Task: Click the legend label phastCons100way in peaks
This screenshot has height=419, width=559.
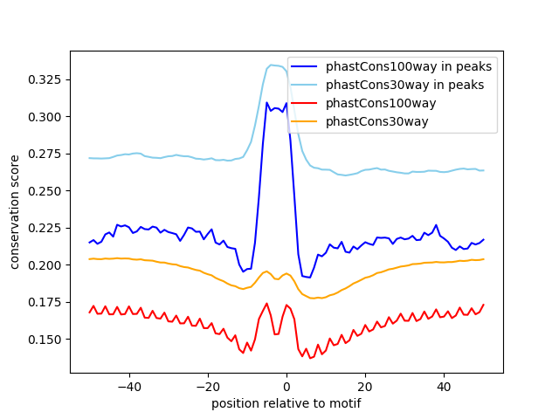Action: (x=409, y=66)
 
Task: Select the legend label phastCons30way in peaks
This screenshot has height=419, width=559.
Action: (x=405, y=85)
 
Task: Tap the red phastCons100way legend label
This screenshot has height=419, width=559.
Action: (x=381, y=103)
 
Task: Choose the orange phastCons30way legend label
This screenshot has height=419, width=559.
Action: (x=377, y=121)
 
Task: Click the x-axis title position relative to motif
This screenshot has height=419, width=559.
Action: (x=286, y=403)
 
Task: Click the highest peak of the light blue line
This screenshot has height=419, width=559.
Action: (x=271, y=65)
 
